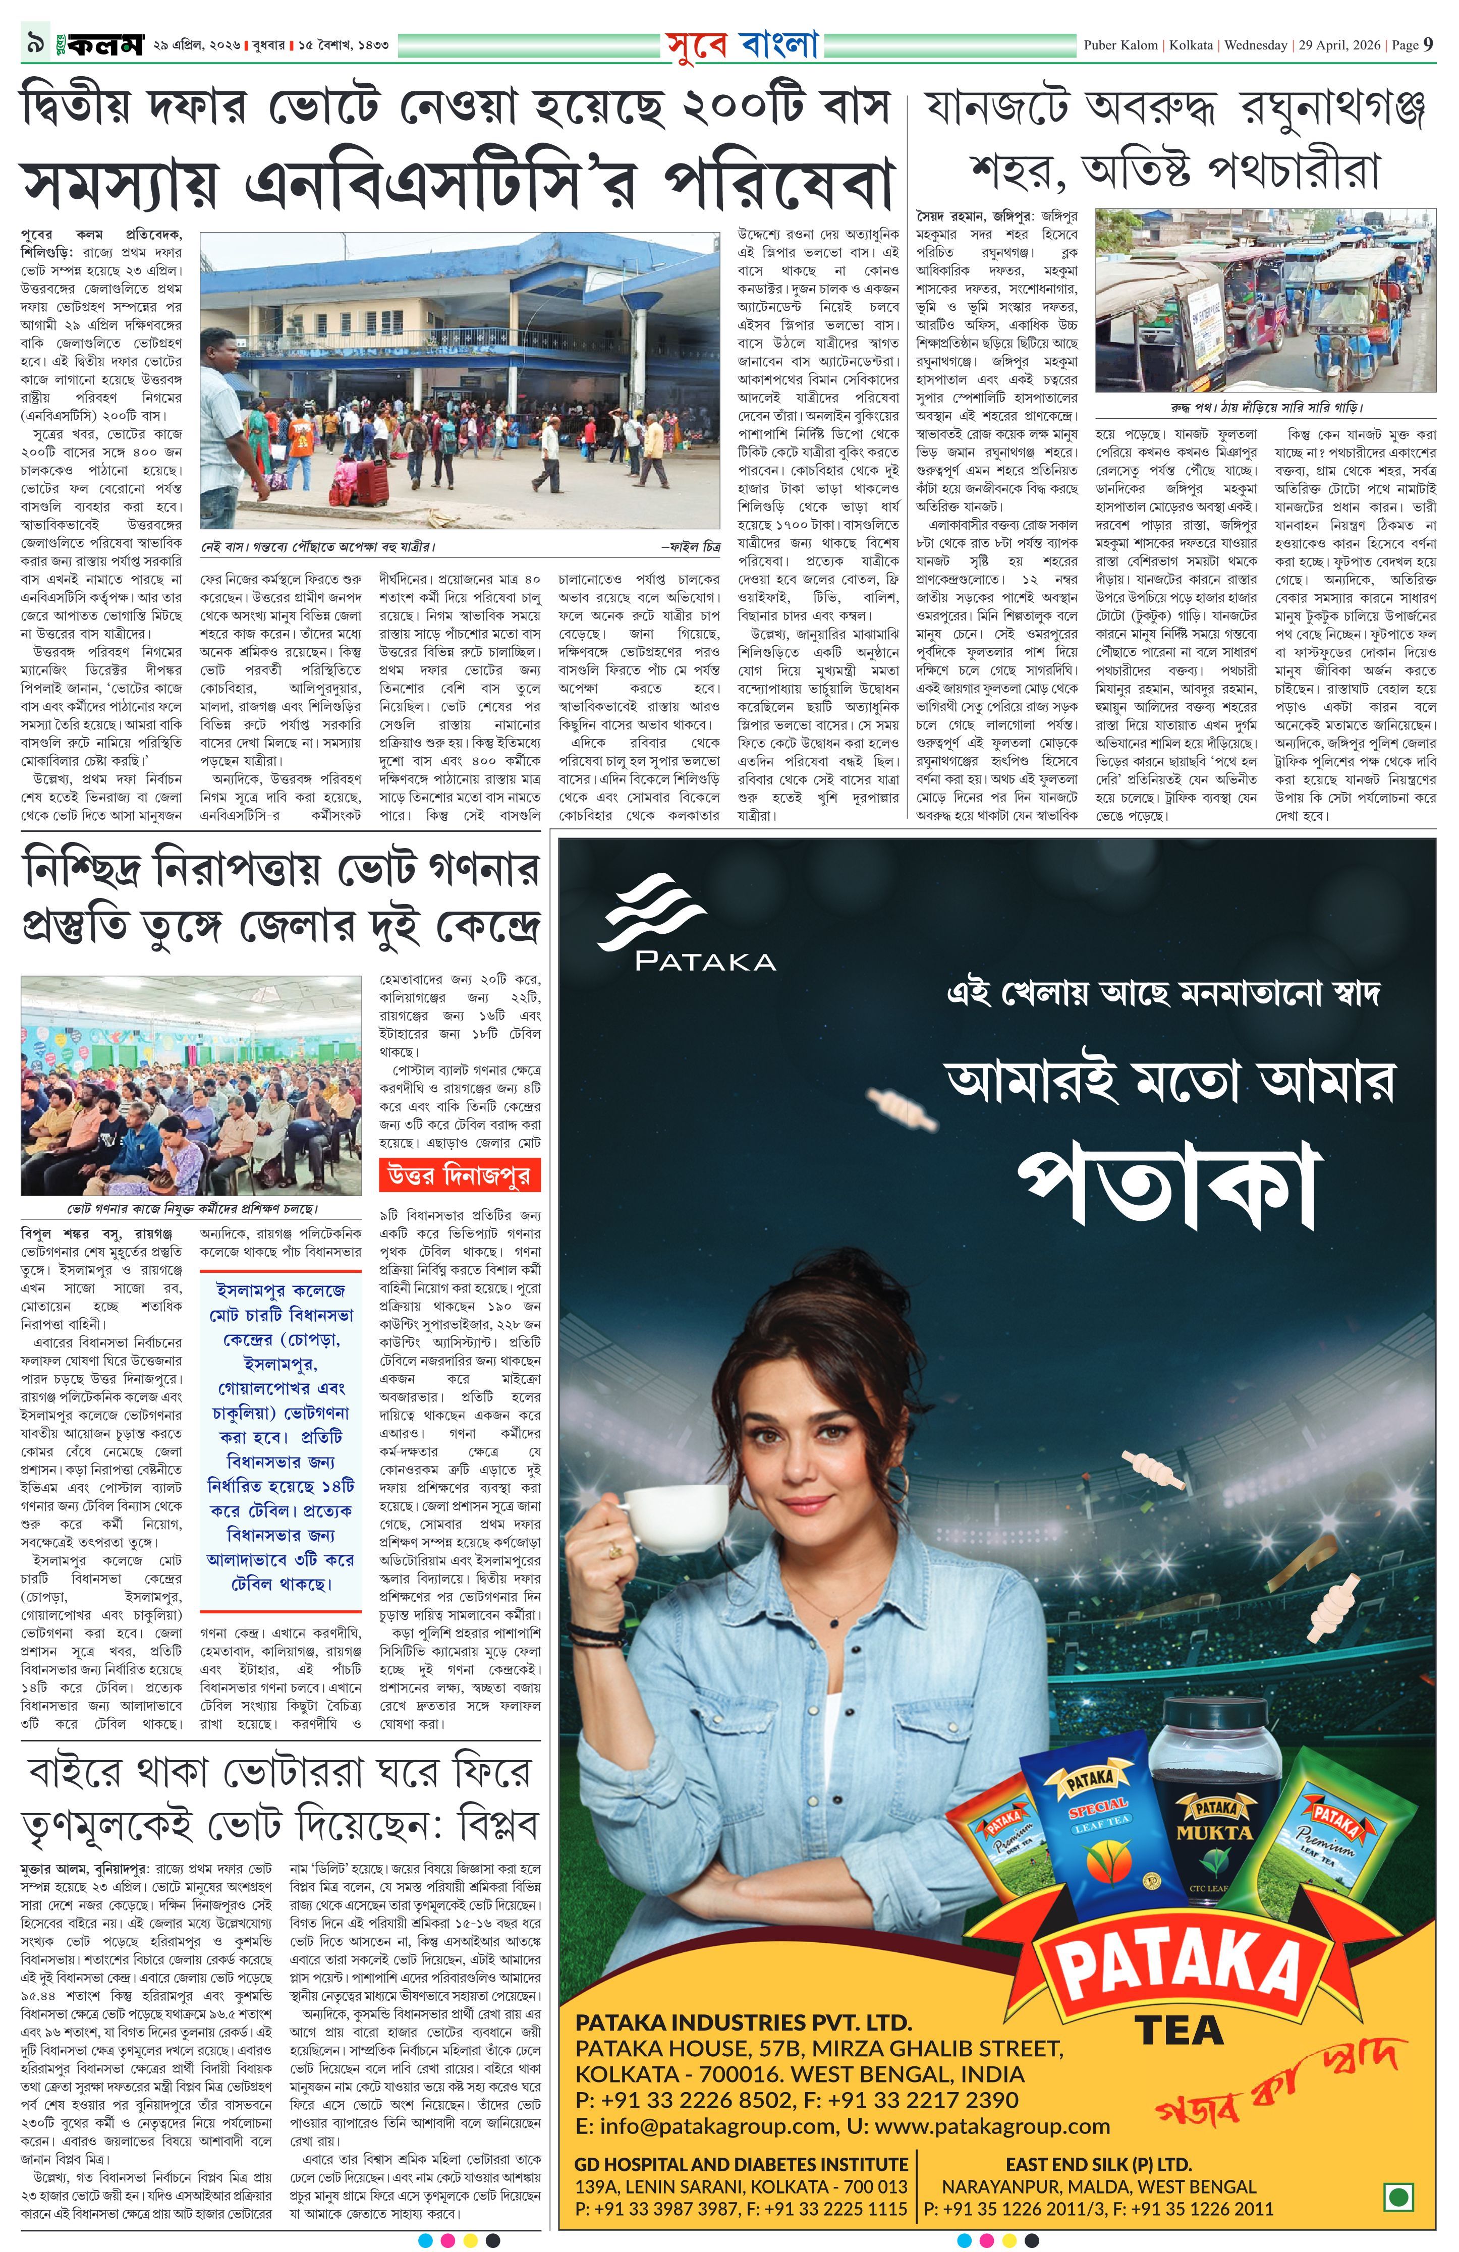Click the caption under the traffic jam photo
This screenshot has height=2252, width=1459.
(1266, 408)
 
